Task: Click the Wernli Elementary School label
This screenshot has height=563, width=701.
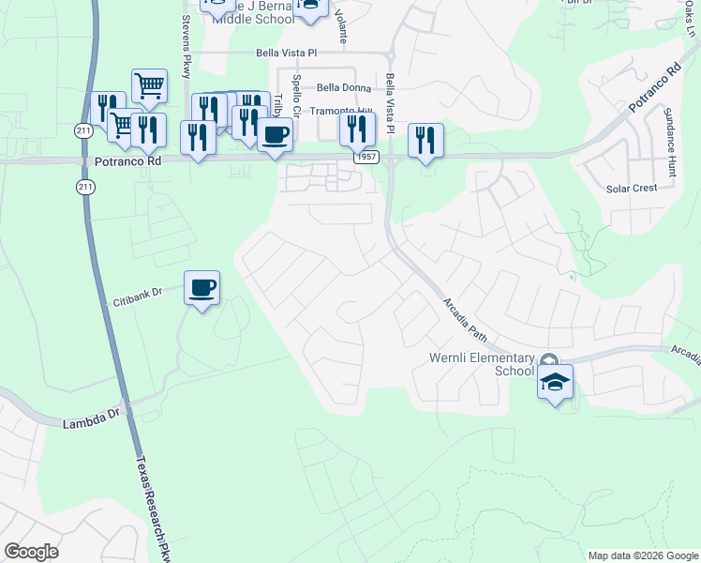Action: pyautogui.click(x=481, y=363)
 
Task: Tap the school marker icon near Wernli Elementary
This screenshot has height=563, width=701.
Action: pyautogui.click(x=555, y=382)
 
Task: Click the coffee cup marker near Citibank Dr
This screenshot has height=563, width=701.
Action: pyautogui.click(x=201, y=286)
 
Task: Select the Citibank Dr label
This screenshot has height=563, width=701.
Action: pyautogui.click(x=138, y=293)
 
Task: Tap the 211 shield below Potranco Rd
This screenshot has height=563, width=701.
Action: pyautogui.click(x=85, y=187)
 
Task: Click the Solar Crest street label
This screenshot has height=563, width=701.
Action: pyautogui.click(x=632, y=188)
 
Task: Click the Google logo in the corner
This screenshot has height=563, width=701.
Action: pyautogui.click(x=31, y=552)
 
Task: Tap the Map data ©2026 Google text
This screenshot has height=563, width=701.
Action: pyautogui.click(x=642, y=555)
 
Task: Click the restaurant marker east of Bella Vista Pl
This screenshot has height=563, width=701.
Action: pyautogui.click(x=425, y=140)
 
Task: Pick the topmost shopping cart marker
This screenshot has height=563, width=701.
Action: pyautogui.click(x=149, y=85)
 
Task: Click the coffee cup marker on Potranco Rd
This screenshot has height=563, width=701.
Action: pyautogui.click(x=275, y=133)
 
